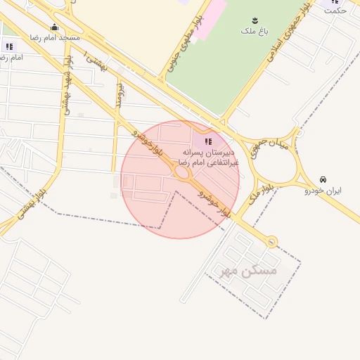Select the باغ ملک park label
click(255, 31)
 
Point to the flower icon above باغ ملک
click(255, 21)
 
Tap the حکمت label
click(335, 11)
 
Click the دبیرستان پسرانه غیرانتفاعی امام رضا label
click(207, 157)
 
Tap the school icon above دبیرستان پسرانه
click(207, 142)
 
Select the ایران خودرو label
click(323, 191)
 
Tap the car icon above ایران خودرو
click(323, 179)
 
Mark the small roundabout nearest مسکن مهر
click(272, 242)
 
